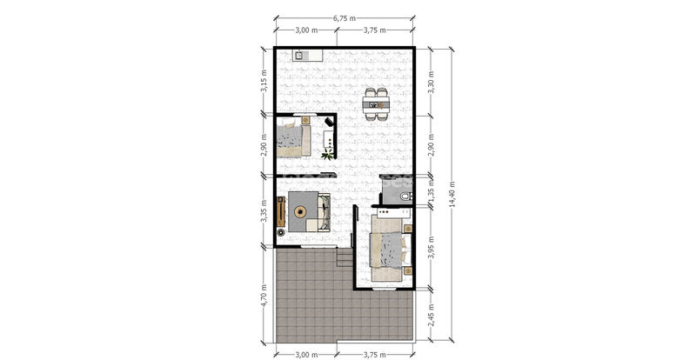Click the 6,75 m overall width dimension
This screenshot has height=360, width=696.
pos(345,18)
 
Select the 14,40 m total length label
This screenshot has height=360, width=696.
pos(452,194)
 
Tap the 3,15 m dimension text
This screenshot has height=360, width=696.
pos(264,80)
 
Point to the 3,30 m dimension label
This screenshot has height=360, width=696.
pos(431,82)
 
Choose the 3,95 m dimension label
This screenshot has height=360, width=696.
pos(431,248)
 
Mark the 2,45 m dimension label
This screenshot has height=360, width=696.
pos(431,314)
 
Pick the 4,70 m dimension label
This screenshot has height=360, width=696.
pos(264,295)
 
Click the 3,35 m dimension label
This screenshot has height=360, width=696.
pos(264,211)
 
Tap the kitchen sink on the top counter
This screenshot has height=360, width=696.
pos(299,56)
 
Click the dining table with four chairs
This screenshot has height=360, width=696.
pos(376,104)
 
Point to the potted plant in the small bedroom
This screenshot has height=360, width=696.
pos(328,155)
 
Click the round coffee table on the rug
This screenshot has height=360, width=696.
pos(300,211)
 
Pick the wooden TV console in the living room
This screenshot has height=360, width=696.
pos(280,211)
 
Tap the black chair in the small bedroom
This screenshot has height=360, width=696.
pos(329,121)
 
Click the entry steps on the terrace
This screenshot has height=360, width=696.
pos(344,257)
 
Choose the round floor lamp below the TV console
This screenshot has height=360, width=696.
pos(280,232)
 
